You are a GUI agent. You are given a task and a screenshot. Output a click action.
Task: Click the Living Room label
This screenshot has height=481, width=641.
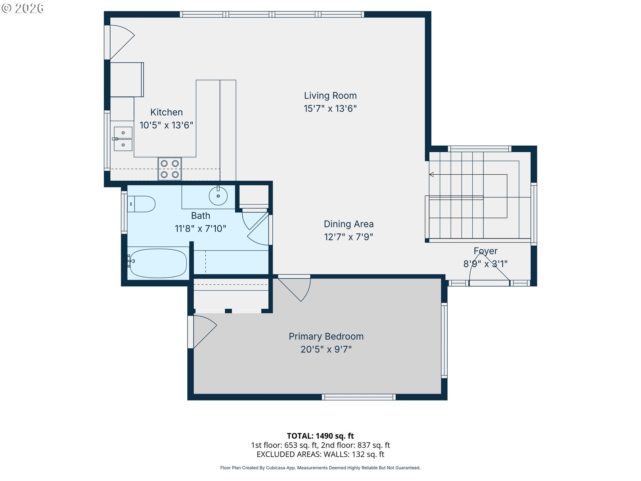330,96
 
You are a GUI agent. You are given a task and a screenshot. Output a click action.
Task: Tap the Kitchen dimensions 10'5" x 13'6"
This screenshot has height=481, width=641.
166,125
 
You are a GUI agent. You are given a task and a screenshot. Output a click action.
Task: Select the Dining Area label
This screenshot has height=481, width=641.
349,224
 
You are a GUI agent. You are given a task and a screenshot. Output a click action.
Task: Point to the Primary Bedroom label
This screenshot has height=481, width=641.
326,336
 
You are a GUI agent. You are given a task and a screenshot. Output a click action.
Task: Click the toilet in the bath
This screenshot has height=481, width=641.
141,204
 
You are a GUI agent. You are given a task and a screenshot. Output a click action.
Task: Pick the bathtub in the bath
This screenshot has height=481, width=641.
158,263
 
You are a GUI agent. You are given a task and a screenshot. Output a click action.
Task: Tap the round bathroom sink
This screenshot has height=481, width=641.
218,196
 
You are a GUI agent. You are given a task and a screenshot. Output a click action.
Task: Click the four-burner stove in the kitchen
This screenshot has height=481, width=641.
170,169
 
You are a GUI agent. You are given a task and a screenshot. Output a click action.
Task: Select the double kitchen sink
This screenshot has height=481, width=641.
123,139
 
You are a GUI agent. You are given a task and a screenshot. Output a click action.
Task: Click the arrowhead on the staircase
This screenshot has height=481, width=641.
431,174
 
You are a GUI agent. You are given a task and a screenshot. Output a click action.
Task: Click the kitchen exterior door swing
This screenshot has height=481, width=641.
122,42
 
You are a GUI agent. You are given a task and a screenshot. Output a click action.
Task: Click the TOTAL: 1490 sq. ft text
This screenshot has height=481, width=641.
320,436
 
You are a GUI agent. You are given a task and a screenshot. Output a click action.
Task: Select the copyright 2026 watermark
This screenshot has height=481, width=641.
22,8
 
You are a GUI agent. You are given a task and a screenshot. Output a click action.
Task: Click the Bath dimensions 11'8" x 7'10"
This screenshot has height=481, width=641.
200,229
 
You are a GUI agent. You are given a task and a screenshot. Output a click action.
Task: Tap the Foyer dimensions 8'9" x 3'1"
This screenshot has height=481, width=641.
485,264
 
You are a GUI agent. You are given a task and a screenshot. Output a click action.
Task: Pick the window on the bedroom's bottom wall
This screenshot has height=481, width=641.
359,397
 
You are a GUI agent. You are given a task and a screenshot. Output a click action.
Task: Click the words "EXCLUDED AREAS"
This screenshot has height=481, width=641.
288,454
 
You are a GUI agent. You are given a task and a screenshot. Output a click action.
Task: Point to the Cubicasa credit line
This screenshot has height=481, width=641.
320,468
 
